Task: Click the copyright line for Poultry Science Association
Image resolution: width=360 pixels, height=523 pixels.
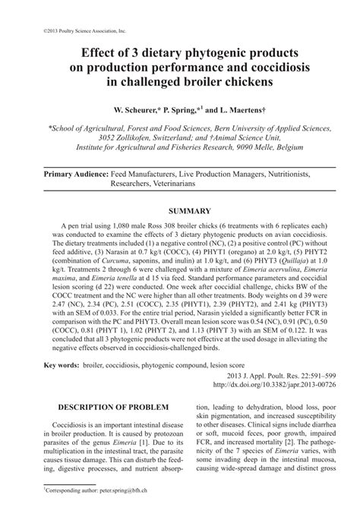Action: pos(68,33)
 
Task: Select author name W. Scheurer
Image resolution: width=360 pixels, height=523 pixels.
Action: pos(143,109)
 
